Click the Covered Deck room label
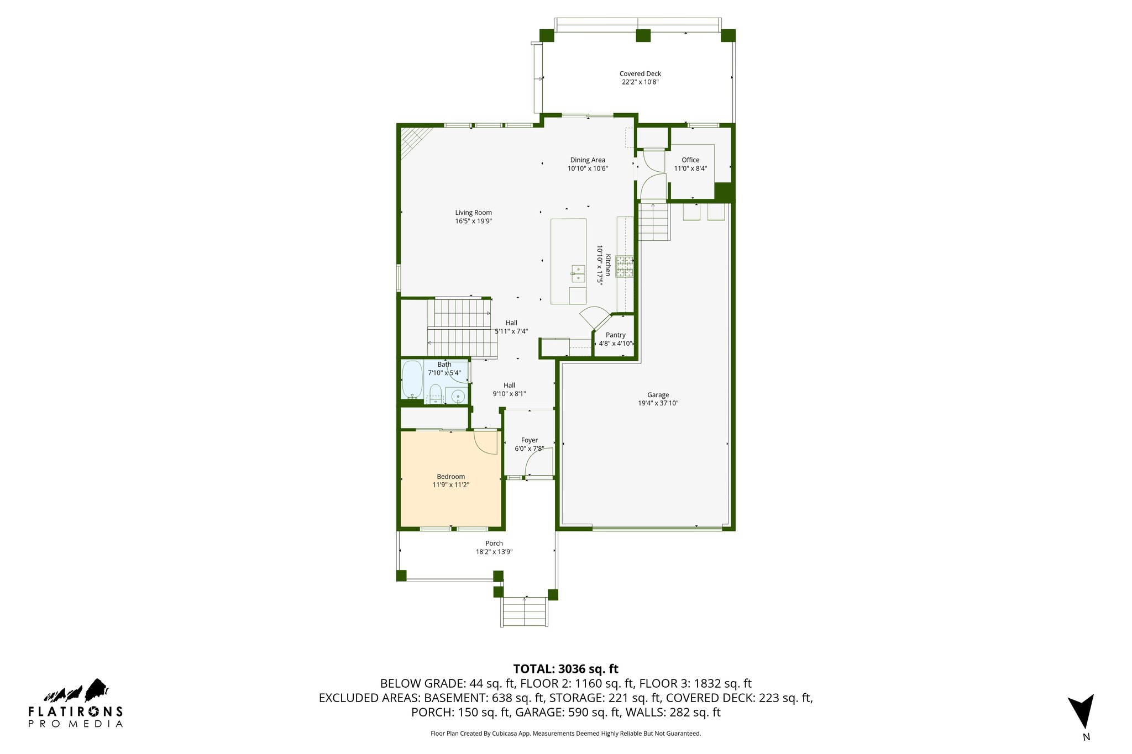640,73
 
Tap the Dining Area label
588,160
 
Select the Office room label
690,160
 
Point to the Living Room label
473,213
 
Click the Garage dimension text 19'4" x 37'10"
658,403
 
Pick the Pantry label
615,335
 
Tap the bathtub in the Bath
412,379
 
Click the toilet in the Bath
436,393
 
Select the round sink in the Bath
458,396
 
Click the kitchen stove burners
625,266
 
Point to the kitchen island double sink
578,274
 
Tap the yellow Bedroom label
450,477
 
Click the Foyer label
529,440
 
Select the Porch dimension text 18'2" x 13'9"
494,552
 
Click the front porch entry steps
525,612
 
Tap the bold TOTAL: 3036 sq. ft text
565,669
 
